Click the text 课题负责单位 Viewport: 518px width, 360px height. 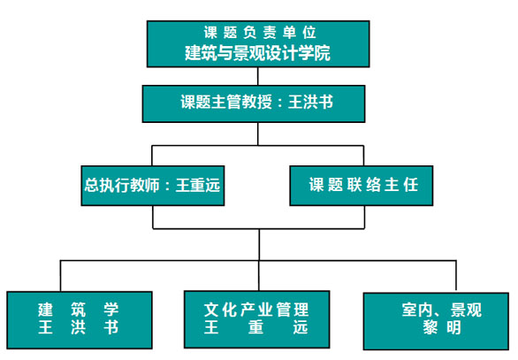(260, 33)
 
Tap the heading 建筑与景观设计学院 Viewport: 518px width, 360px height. (258, 53)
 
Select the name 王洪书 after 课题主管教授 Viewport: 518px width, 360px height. (310, 102)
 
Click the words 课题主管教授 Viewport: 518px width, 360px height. (226, 102)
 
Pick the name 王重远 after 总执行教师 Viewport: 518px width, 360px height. (197, 185)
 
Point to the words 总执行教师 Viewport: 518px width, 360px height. (122, 185)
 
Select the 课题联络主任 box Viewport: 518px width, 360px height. (362, 186)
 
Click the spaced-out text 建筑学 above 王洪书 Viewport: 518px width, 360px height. (79, 310)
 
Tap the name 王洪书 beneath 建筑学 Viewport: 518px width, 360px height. (79, 327)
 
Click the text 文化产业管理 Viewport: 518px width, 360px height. (256, 310)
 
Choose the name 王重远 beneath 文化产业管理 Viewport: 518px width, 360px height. (256, 327)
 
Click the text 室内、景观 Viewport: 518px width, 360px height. (442, 310)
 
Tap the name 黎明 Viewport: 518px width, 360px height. (442, 327)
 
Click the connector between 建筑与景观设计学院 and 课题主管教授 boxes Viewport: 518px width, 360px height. (258, 76)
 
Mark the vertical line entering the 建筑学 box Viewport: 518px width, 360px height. (60, 276)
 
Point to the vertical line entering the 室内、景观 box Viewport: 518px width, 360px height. (456, 276)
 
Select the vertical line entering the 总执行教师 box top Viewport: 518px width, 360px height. (152, 156)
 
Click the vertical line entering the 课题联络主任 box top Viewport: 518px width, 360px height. (363, 156)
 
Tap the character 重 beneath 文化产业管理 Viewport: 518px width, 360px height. (256, 327)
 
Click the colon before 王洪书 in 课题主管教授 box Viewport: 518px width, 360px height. (280, 103)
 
